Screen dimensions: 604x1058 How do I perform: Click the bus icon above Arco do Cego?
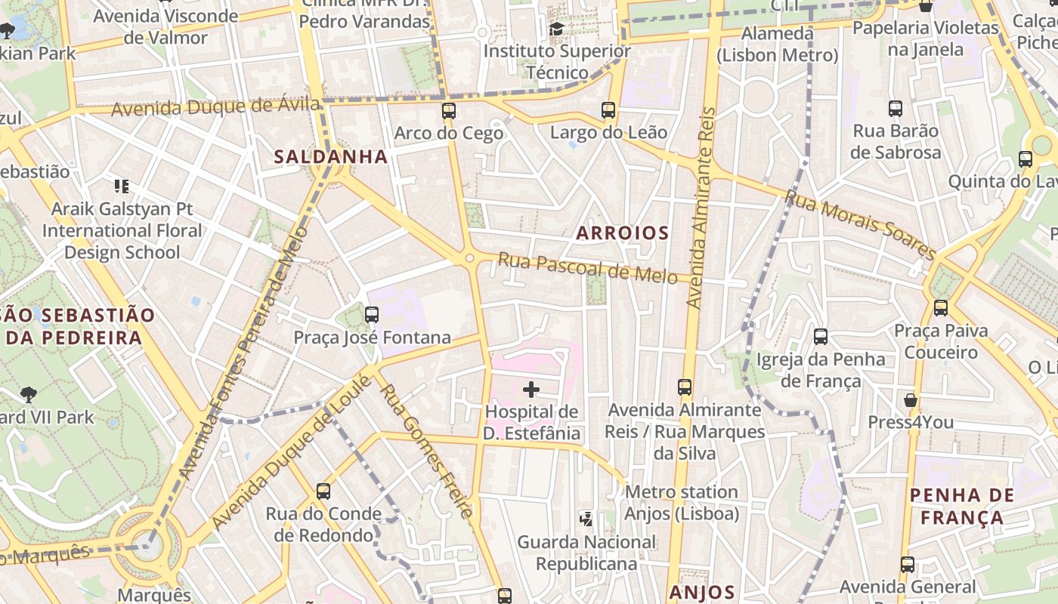pyautogui.click(x=449, y=111)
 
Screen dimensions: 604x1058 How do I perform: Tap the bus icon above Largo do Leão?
pyautogui.click(x=608, y=110)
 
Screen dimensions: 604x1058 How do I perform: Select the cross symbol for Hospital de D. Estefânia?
pyautogui.click(x=531, y=390)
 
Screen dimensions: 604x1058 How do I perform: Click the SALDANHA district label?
pyautogui.click(x=331, y=157)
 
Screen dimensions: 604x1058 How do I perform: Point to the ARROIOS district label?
pyautogui.click(x=623, y=233)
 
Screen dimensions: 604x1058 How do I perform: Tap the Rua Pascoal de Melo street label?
pyautogui.click(x=587, y=269)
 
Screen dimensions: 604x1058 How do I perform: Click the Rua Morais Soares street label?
pyautogui.click(x=861, y=224)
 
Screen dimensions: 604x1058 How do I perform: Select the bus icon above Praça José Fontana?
pyautogui.click(x=371, y=315)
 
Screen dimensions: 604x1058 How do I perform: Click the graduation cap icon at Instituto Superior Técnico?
pyautogui.click(x=557, y=29)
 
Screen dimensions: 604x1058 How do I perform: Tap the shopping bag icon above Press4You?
pyautogui.click(x=911, y=399)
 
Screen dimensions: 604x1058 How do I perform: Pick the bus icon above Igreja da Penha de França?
pyautogui.click(x=821, y=337)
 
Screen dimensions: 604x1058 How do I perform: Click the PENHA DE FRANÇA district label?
pyautogui.click(x=962, y=507)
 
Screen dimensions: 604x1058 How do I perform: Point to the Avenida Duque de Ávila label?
pyautogui.click(x=215, y=106)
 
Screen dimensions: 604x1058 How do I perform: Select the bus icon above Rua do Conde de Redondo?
pyautogui.click(x=323, y=492)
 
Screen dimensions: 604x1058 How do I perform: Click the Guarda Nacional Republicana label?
pyautogui.click(x=586, y=553)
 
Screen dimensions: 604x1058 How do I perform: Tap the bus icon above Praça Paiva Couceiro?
pyautogui.click(x=941, y=308)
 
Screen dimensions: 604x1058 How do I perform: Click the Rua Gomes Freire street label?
pyautogui.click(x=428, y=451)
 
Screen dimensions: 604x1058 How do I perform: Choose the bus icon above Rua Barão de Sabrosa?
pyautogui.click(x=896, y=109)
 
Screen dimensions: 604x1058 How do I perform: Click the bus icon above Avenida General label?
pyautogui.click(x=908, y=564)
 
